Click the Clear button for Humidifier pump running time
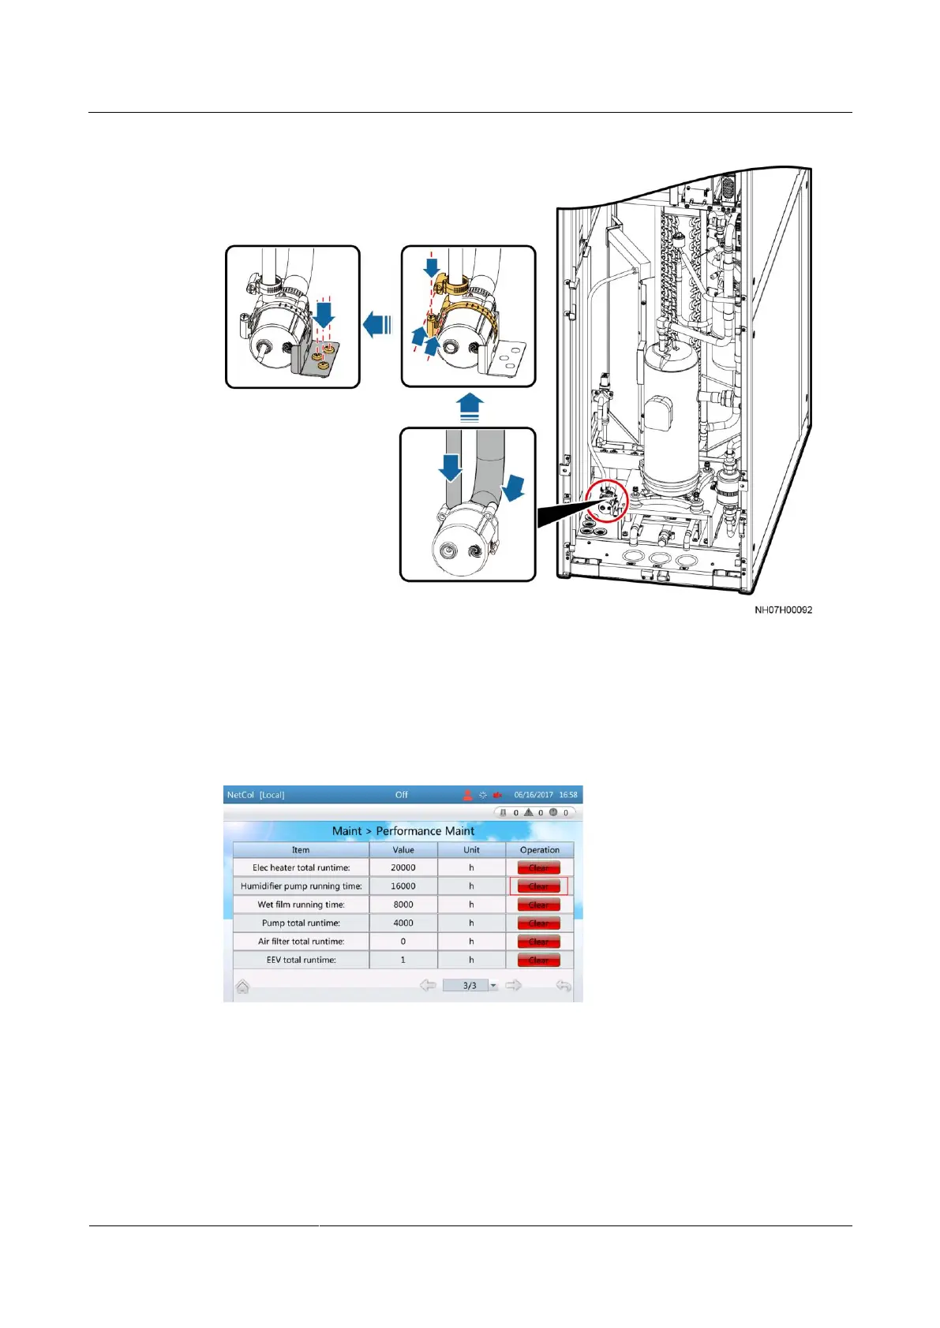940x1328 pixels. [x=538, y=886]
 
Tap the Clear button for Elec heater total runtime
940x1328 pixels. [x=538, y=868]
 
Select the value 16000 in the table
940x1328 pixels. [x=403, y=886]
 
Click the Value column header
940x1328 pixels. [x=403, y=850]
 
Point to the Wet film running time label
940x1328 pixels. [x=301, y=905]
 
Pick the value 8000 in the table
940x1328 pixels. [x=403, y=905]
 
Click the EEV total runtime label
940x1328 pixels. [x=301, y=960]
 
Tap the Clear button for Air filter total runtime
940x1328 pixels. [x=538, y=942]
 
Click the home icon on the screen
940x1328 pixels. [x=242, y=987]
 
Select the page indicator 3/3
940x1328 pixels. [x=470, y=986]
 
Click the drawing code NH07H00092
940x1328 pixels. [x=783, y=610]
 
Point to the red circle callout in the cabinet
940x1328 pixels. [x=607, y=502]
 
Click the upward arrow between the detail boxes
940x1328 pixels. [x=470, y=407]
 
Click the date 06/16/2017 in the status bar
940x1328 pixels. [x=534, y=795]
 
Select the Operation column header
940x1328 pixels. [x=540, y=850]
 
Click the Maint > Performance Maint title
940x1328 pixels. [x=403, y=831]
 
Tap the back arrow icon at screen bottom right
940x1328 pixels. [x=563, y=986]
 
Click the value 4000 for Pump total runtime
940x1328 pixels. [x=403, y=923]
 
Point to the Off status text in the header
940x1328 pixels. [x=402, y=795]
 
